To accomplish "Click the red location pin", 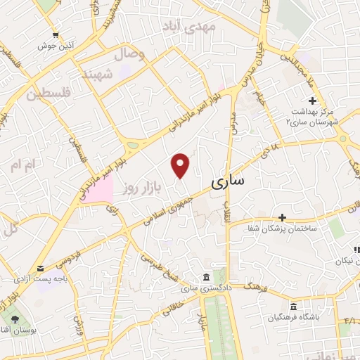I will pos(181,165).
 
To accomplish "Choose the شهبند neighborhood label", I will pos(97,74).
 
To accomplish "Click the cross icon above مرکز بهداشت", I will pos(312,102).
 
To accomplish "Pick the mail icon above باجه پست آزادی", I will pos(40,269).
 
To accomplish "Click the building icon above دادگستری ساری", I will pos(205,276).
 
